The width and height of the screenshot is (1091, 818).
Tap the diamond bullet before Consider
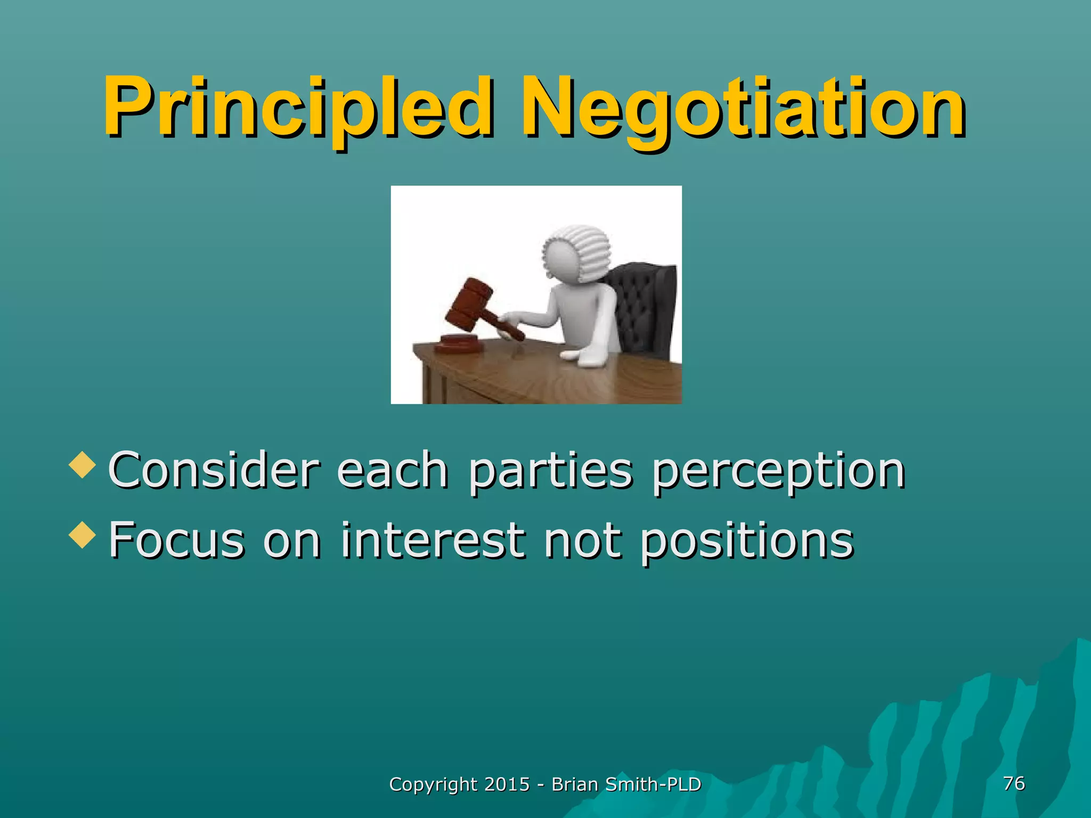click(x=83, y=464)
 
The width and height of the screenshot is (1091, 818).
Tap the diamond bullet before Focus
click(x=83, y=535)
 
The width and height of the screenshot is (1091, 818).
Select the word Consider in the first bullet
click(x=214, y=470)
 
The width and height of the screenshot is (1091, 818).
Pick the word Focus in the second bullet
click(x=176, y=540)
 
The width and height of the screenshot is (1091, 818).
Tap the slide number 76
click(x=1014, y=783)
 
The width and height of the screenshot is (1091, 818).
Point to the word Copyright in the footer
click(x=433, y=785)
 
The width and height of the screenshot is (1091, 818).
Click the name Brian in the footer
click(x=574, y=784)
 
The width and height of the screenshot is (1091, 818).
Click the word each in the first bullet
click(x=393, y=470)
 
